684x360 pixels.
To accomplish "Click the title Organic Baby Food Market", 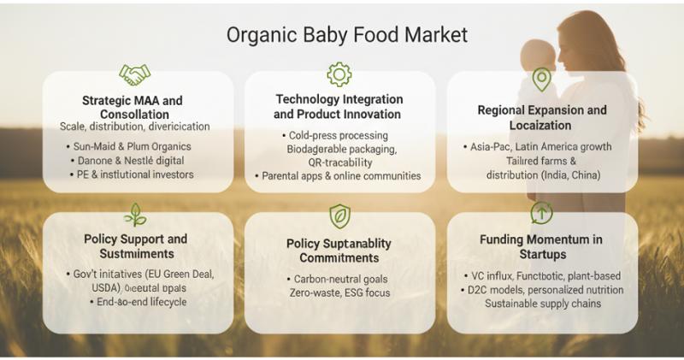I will (347, 35).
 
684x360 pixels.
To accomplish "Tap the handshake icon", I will (136, 75).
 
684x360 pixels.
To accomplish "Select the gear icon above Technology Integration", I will (339, 74).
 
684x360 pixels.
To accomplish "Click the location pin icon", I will (541, 80).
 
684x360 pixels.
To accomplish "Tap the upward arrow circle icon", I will (541, 213).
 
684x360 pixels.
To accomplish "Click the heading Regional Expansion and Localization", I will (542, 117).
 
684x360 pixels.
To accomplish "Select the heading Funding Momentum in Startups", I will (542, 247).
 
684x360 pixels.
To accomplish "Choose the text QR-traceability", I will (339, 162).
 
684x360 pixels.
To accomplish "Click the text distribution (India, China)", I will (542, 174).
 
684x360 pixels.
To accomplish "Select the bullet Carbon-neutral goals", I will (339, 280).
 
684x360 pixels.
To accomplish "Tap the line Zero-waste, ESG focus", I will (339, 293).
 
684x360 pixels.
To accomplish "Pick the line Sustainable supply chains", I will (542, 304).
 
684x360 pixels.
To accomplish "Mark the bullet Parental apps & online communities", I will (339, 176).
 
